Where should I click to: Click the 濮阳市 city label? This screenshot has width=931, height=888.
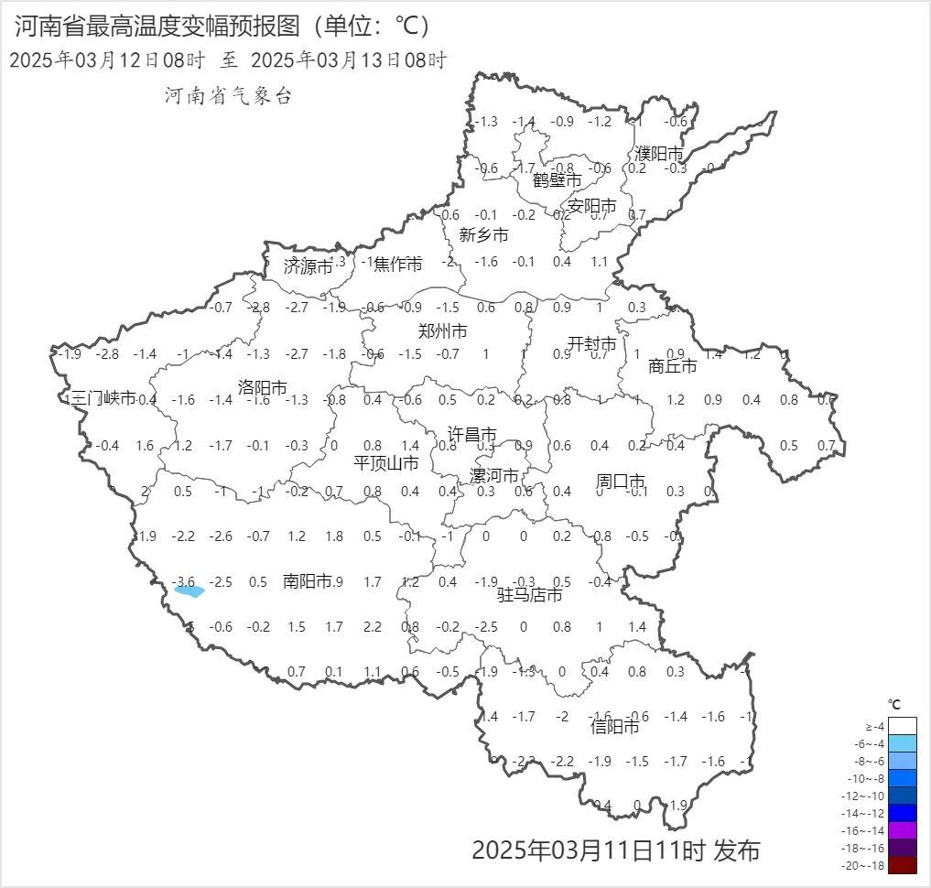[x=659, y=154]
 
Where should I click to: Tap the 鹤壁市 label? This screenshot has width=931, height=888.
[x=558, y=180]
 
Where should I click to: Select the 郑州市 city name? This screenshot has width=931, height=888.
[x=442, y=331]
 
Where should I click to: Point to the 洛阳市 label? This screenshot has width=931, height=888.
[x=263, y=387]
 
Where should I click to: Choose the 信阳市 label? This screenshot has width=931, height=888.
[x=614, y=727]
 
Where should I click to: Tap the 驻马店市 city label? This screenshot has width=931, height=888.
[x=529, y=595]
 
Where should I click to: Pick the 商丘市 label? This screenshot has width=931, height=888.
[x=672, y=366]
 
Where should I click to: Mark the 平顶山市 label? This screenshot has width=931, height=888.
[x=386, y=463]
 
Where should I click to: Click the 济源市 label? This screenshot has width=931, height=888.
[x=308, y=267]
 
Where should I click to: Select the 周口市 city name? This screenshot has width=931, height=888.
[x=621, y=481]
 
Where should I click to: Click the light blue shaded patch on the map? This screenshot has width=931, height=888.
[x=189, y=591]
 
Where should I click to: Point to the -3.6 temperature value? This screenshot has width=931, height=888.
[x=184, y=581]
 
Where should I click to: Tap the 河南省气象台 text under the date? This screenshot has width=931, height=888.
[x=228, y=95]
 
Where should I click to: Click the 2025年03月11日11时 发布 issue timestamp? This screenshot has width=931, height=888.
[x=615, y=850]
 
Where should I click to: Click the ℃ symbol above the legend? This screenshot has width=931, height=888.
[x=894, y=704]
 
